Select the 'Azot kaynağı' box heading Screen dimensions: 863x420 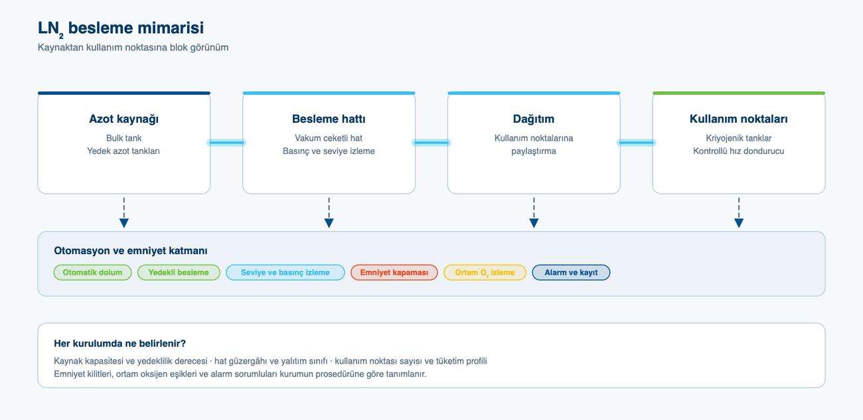coord(123,119)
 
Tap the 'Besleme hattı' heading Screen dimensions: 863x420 coord(329,119)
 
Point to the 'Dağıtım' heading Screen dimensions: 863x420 coord(534,119)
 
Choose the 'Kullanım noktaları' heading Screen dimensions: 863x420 coord(739,119)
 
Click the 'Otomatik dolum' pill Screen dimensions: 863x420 coord(92,273)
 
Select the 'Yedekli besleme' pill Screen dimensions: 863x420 coord(179,273)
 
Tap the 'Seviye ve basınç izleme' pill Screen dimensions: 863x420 coord(285,273)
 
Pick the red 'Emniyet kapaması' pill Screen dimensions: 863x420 coord(394,273)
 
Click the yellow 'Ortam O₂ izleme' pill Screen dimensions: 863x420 coord(485,273)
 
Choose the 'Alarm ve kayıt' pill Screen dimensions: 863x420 coord(571,273)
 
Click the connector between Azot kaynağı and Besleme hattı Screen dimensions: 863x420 coord(226,143)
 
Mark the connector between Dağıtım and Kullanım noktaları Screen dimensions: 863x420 coord(637,143)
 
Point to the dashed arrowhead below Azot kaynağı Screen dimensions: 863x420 coord(124,223)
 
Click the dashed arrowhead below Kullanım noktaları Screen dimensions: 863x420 coord(739,223)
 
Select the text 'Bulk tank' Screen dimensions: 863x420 coord(123,138)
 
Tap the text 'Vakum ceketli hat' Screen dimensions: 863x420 coord(329,138)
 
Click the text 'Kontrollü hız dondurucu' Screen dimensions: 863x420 coord(739,151)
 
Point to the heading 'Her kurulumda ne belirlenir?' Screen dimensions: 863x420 coord(119,344)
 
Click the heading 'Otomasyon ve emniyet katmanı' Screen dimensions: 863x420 coord(131,251)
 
